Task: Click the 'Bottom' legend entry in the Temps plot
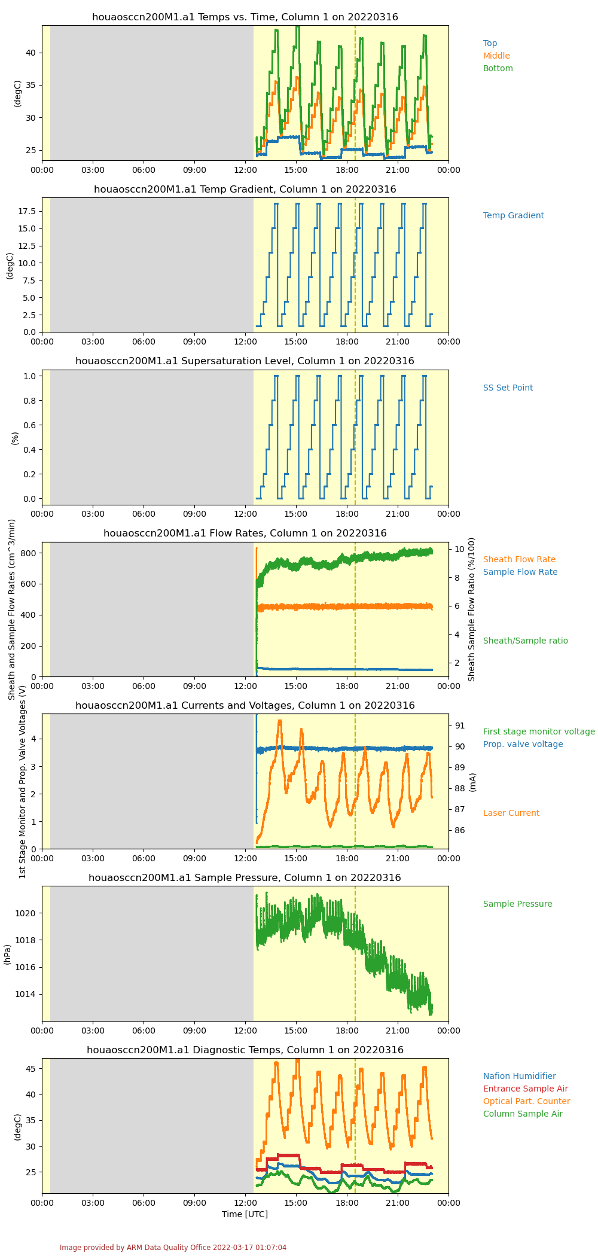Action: pos(498,68)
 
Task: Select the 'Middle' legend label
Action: pos(496,56)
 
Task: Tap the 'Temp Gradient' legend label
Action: pos(514,215)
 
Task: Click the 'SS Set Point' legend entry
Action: pos(508,388)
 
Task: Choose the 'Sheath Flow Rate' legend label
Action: pos(519,559)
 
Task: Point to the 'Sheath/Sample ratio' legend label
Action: pos(526,641)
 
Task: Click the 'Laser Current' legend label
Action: pos(511,813)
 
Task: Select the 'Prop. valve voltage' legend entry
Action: pos(523,744)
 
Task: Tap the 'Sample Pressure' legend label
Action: pos(518,904)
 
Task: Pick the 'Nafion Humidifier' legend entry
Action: pos(520,1076)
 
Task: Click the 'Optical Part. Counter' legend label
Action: pos(527,1101)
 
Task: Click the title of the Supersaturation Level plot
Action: pos(245,361)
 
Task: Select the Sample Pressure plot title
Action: pos(245,877)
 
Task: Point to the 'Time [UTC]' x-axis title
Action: pos(245,1214)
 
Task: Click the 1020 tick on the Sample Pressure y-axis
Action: pos(28,913)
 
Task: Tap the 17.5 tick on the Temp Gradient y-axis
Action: pos(29,211)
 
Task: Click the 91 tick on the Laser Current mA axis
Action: pos(460,725)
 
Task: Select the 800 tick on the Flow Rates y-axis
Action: pos(30,553)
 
